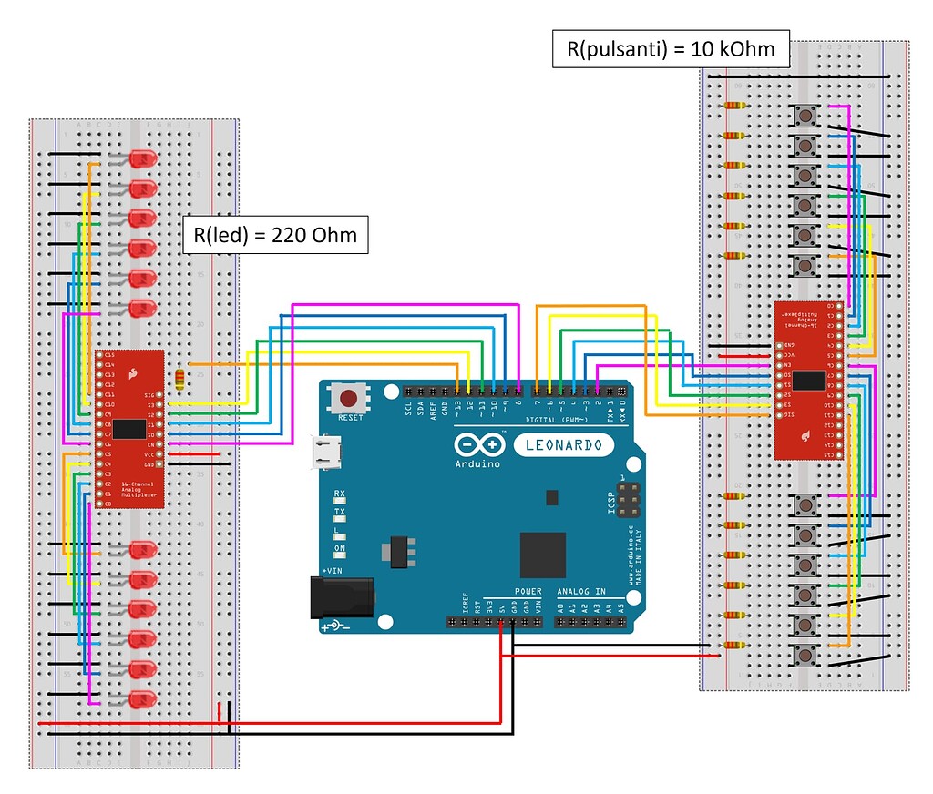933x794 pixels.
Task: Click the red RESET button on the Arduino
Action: (x=349, y=398)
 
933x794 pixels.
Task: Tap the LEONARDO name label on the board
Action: (x=562, y=444)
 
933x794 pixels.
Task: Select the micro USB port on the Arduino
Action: (x=323, y=453)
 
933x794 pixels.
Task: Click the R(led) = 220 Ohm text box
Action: (x=275, y=236)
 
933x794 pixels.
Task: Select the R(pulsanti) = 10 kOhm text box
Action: (x=671, y=49)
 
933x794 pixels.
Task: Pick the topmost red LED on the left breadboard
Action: (x=141, y=159)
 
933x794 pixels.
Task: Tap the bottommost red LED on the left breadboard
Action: (x=141, y=700)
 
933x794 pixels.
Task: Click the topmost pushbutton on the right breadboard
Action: (x=805, y=116)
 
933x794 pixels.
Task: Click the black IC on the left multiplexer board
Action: (x=132, y=428)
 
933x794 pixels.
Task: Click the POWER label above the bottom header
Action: (x=528, y=592)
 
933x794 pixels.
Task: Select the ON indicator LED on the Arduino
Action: (x=340, y=559)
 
